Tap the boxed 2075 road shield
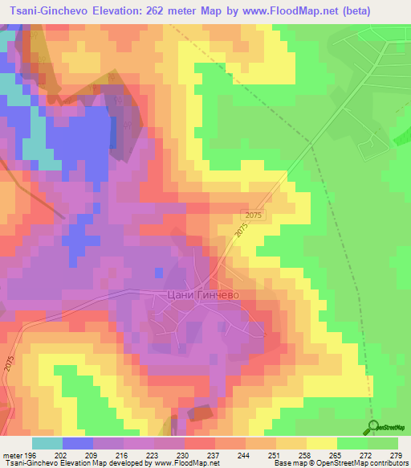pos(253,216)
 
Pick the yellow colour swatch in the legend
pos(320,443)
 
